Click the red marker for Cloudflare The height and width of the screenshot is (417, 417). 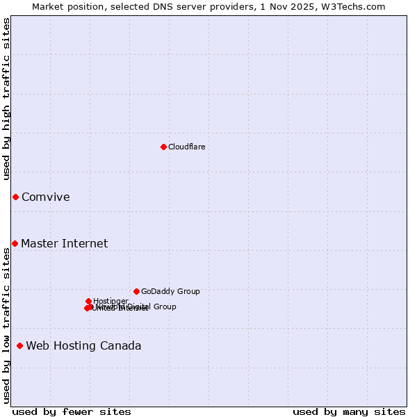(x=163, y=147)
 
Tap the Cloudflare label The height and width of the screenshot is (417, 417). (x=187, y=147)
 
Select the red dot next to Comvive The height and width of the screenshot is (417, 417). (x=15, y=197)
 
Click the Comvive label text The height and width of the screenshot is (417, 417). (x=46, y=197)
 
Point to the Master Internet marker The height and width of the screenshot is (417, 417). (x=15, y=243)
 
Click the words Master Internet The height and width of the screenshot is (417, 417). (x=65, y=243)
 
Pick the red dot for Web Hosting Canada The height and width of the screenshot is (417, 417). (x=19, y=345)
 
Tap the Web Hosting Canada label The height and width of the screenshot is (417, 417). (x=84, y=345)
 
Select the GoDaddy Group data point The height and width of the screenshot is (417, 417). (x=136, y=291)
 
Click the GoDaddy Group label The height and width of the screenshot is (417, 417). (x=170, y=291)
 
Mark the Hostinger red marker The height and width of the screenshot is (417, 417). (x=88, y=301)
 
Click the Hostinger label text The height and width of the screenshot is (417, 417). (x=111, y=301)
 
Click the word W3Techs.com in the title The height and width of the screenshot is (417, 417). (x=356, y=6)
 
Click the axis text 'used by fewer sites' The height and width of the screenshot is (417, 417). (x=72, y=411)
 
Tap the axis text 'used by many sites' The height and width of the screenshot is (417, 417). (x=349, y=411)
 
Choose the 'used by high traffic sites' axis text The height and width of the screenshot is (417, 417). (x=6, y=99)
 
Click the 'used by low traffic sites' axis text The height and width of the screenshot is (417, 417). (x=6, y=325)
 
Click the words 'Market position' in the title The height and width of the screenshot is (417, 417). (x=64, y=6)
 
